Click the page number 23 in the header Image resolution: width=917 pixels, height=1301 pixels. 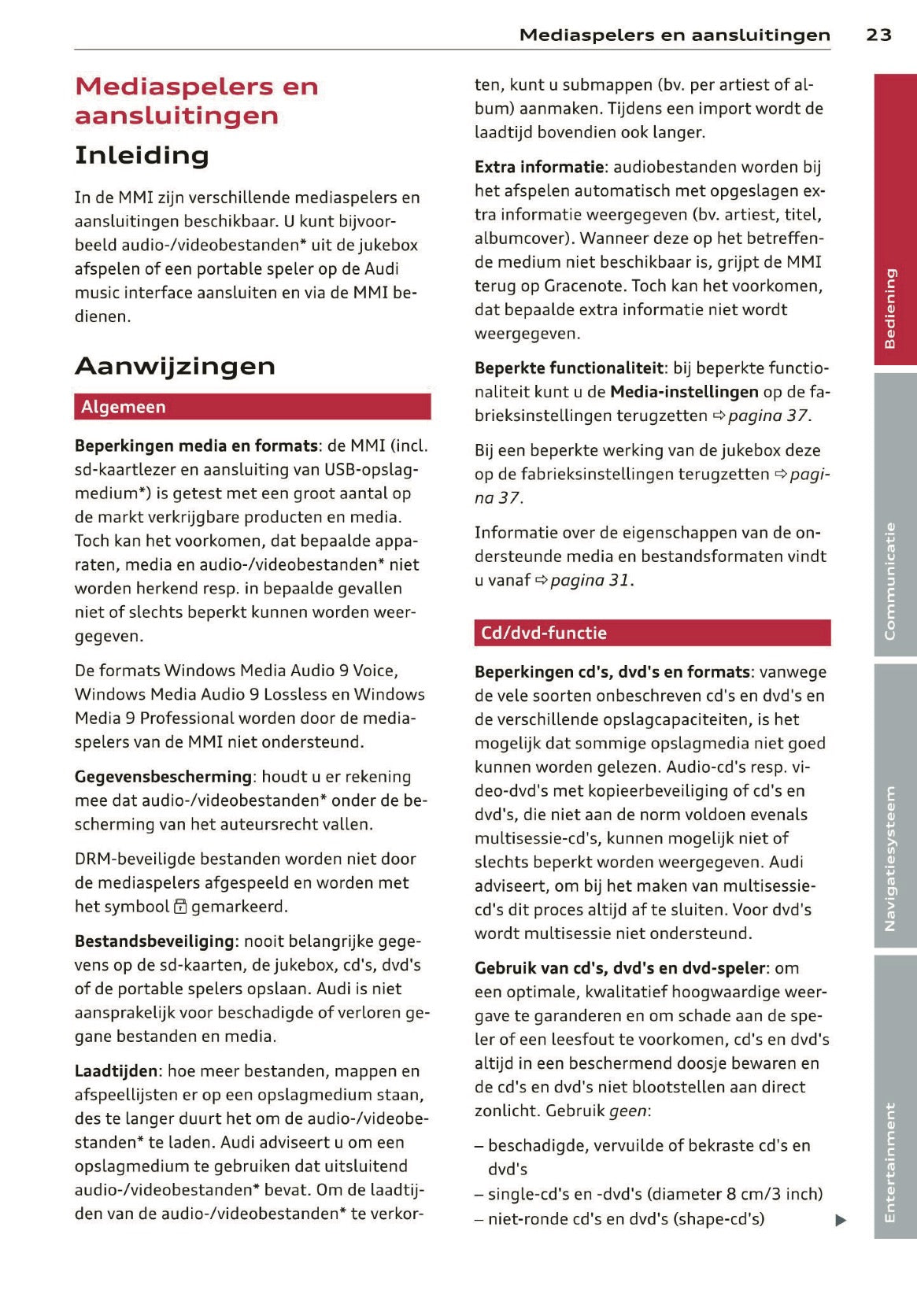(x=878, y=35)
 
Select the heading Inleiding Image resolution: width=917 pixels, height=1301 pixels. (x=142, y=155)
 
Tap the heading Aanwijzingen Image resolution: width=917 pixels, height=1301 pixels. (x=175, y=366)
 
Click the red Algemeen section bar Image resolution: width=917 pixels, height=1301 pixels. (x=252, y=407)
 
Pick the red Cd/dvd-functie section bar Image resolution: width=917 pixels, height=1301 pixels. (x=652, y=633)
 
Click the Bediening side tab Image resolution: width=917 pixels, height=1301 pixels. (x=895, y=220)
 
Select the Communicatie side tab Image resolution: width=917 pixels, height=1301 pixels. (x=895, y=515)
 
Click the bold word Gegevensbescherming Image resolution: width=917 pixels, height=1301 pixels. (x=163, y=777)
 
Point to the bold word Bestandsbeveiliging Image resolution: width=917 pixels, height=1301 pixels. (x=155, y=941)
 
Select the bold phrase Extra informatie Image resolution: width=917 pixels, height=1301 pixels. (x=539, y=167)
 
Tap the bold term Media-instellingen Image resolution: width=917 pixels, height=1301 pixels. (x=684, y=392)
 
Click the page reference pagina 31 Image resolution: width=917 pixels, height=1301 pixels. (x=590, y=581)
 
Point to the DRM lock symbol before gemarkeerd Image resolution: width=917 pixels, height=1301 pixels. (x=180, y=907)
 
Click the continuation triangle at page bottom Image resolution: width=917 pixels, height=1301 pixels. (x=841, y=1220)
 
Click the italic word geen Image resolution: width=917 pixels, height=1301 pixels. (x=627, y=1111)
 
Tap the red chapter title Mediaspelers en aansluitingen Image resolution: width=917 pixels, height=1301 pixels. (x=196, y=101)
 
